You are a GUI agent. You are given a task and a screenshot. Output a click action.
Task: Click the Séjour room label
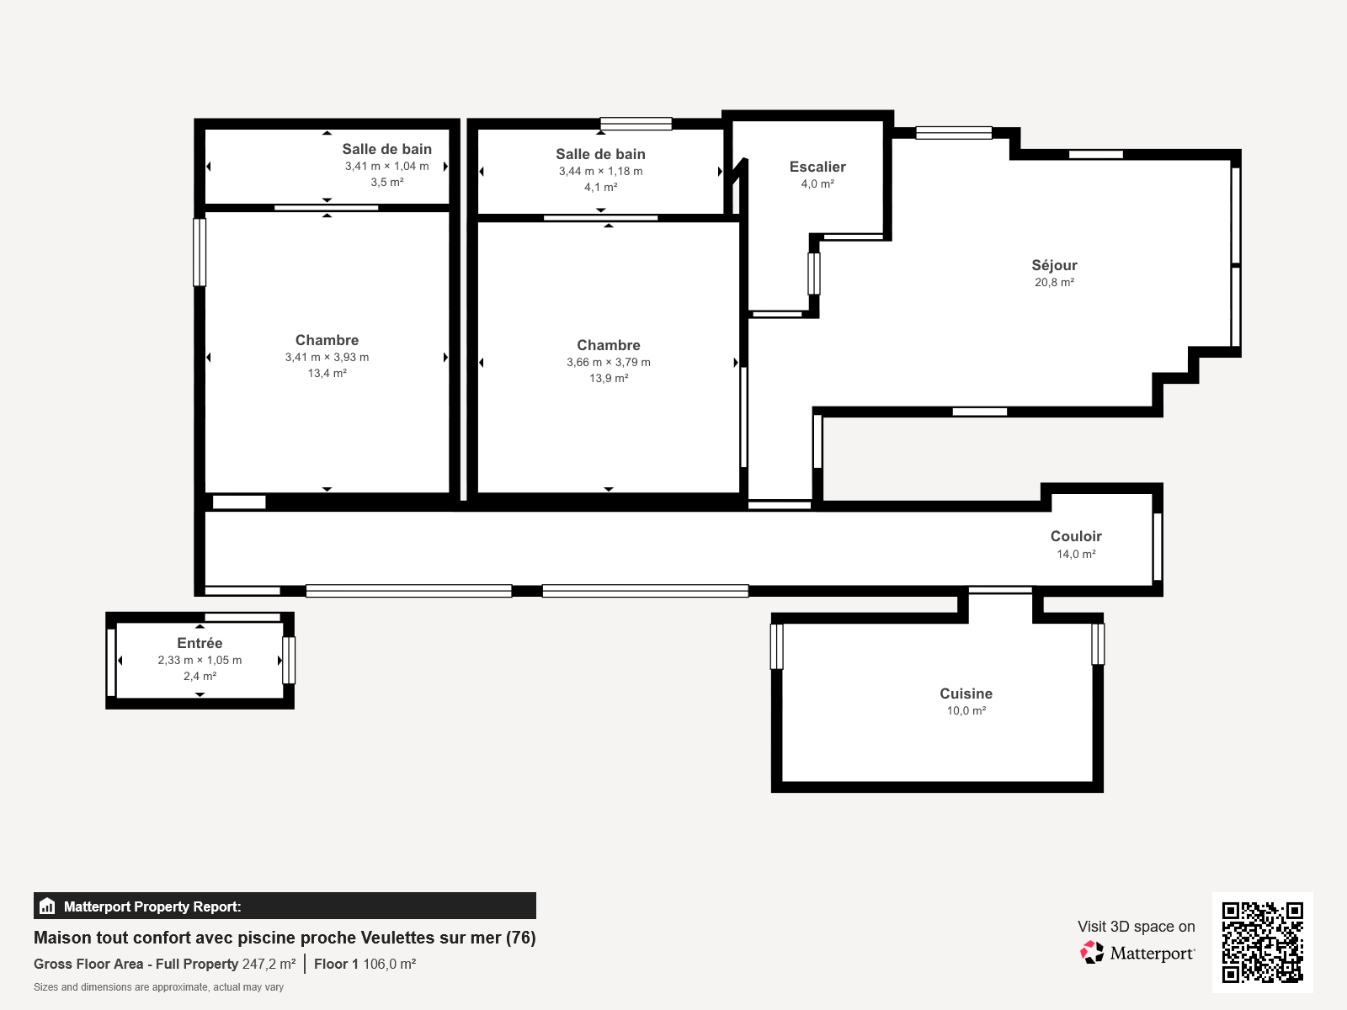coord(1054,265)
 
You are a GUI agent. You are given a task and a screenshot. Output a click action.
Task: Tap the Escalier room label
coord(817,167)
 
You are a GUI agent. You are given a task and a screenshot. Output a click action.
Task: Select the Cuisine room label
coord(966,694)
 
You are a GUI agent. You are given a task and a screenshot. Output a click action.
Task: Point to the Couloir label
coord(1075,536)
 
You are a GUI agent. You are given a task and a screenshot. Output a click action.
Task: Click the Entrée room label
coord(200,643)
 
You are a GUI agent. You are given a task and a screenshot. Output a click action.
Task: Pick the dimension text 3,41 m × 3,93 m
coord(327,357)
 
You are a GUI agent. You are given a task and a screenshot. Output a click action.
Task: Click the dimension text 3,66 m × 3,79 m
coord(608,362)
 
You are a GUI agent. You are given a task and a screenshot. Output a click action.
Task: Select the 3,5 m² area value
coord(386,182)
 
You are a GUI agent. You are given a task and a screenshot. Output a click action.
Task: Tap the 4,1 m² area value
coord(600,187)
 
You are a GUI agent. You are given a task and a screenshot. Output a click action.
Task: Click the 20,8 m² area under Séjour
coord(1054,282)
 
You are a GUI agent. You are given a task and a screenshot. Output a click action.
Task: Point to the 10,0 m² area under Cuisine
coord(966,710)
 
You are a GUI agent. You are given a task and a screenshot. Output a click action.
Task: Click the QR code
coord(1262,942)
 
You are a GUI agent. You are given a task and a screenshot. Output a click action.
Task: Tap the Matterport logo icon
coord(1092,952)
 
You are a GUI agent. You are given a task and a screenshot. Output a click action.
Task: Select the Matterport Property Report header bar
coord(285,906)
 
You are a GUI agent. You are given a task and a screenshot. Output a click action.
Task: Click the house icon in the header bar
coord(47,906)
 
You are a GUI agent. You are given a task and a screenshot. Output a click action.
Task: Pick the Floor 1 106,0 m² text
coord(365,964)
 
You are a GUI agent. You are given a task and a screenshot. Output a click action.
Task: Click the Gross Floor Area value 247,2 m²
coord(269,964)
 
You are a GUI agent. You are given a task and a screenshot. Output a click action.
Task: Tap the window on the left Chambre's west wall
coord(200,252)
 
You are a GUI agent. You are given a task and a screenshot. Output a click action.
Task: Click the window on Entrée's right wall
coord(289,660)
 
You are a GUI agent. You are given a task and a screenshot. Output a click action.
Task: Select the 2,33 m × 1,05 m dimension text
coord(200,660)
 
